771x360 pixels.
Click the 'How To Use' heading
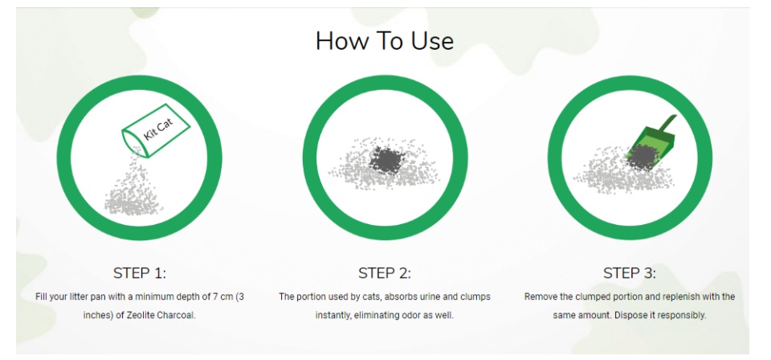tap(385, 41)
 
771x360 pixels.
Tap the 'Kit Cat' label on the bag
tap(158, 130)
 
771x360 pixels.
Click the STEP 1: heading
tap(140, 273)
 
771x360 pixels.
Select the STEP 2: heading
tap(385, 273)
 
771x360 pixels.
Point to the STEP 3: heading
tap(630, 273)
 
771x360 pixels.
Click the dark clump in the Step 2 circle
tap(387, 159)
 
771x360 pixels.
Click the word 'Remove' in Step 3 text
tap(537, 297)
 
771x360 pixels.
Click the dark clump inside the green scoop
tap(642, 157)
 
